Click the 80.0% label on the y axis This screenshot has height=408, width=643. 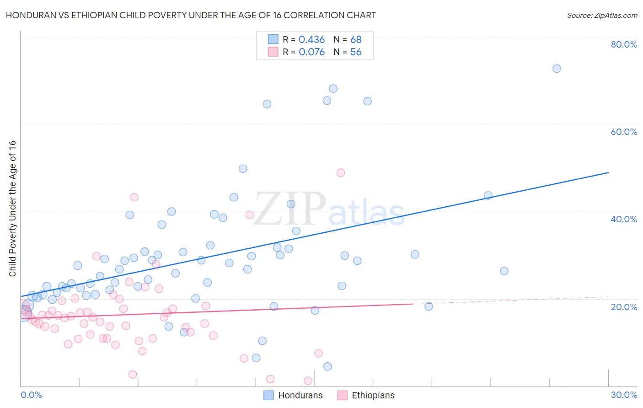624,44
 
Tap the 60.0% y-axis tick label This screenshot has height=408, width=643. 624,132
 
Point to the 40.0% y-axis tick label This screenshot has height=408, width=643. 624,219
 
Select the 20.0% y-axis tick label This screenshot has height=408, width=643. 624,306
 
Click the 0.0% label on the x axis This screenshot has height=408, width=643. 31,395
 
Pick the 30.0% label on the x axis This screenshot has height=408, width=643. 624,395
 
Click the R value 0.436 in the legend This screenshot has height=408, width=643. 311,40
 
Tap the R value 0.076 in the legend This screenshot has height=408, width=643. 311,52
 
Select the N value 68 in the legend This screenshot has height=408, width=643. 356,40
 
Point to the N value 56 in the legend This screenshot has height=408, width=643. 356,52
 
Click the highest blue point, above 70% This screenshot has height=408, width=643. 557,69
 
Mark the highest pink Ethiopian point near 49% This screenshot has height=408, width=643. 340,172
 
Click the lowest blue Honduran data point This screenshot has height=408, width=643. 327,366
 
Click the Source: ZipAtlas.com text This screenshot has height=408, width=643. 602,16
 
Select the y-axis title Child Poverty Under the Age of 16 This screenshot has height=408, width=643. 13,208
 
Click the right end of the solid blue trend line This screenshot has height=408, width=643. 608,172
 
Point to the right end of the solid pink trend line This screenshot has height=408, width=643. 413,304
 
